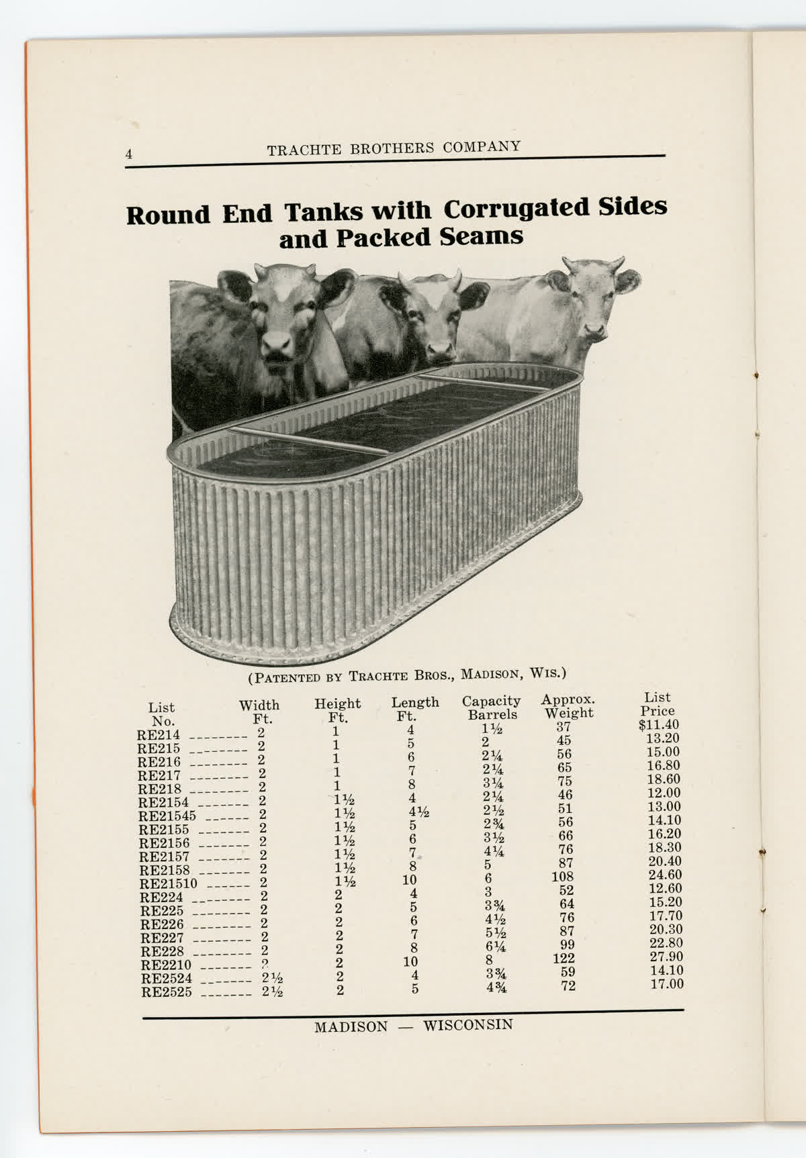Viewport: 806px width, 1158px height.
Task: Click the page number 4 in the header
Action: point(129,154)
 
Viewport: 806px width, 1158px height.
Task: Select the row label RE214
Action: point(159,735)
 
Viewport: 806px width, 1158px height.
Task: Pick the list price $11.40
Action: point(659,725)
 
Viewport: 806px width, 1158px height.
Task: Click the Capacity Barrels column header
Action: point(492,708)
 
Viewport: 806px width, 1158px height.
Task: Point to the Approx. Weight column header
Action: point(568,706)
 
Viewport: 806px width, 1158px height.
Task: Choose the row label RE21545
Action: point(167,816)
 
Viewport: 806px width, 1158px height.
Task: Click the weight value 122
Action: point(564,958)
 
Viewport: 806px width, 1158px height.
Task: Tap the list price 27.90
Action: point(666,957)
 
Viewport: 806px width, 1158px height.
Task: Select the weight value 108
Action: point(562,876)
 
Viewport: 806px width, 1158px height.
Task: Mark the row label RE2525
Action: point(166,992)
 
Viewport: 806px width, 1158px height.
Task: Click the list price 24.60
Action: point(665,875)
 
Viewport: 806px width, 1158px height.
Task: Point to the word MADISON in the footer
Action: point(351,1027)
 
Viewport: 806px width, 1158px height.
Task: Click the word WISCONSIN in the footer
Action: point(468,1025)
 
